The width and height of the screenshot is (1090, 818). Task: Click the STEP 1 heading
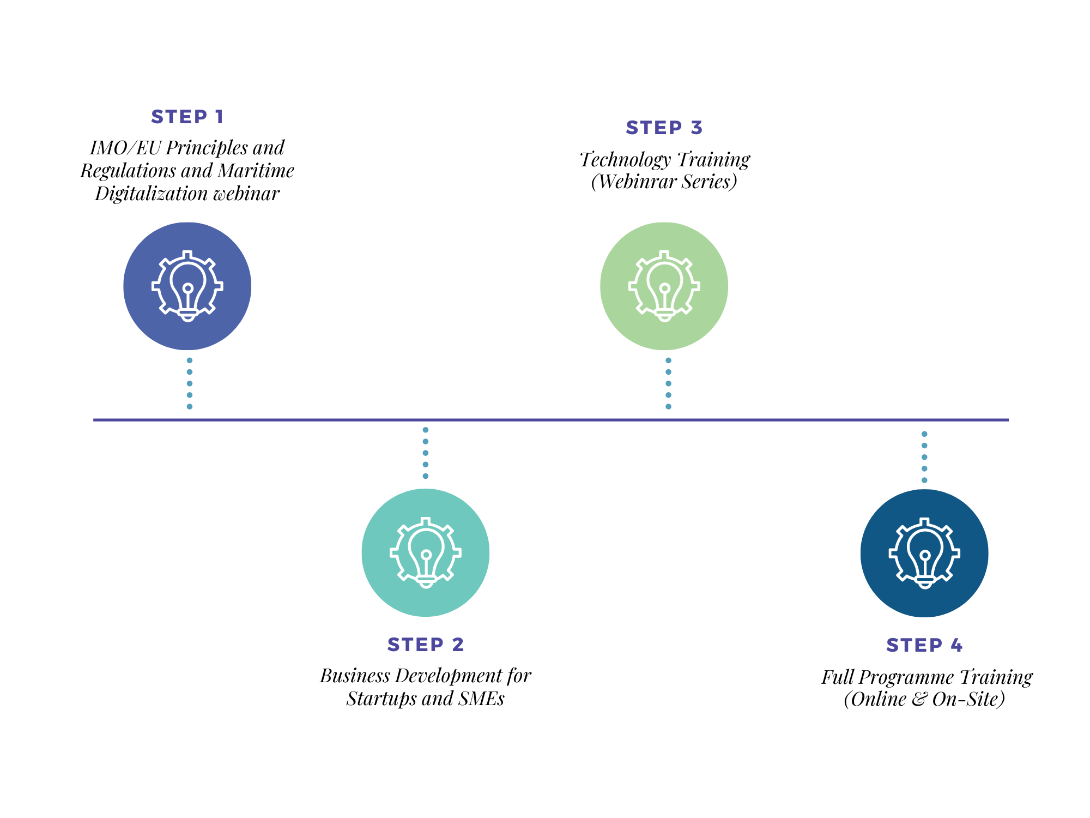pyautogui.click(x=187, y=117)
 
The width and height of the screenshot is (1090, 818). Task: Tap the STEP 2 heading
pyautogui.click(x=425, y=645)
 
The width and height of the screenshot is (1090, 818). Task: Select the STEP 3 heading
pyautogui.click(x=664, y=128)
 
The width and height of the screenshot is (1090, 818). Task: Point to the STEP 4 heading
pyautogui.click(x=924, y=645)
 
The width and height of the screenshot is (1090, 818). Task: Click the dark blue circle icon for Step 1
pyautogui.click(x=187, y=286)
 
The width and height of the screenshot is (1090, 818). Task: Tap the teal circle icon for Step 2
pyautogui.click(x=425, y=552)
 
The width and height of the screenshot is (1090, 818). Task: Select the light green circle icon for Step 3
pyautogui.click(x=664, y=286)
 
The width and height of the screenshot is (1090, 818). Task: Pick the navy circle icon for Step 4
pyautogui.click(x=924, y=553)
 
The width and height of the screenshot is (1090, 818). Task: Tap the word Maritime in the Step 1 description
pyautogui.click(x=256, y=171)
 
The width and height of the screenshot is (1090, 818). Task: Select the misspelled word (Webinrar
pyautogui.click(x=633, y=182)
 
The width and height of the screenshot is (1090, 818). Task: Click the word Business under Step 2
pyautogui.click(x=355, y=676)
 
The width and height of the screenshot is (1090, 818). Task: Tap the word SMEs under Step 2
pyautogui.click(x=481, y=699)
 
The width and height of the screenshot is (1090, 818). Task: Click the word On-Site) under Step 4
pyautogui.click(x=968, y=699)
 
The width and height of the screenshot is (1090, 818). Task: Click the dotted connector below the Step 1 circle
pyautogui.click(x=189, y=383)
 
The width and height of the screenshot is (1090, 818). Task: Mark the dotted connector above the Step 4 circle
pyautogui.click(x=924, y=457)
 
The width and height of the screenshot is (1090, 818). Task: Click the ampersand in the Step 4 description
pyautogui.click(x=919, y=699)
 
